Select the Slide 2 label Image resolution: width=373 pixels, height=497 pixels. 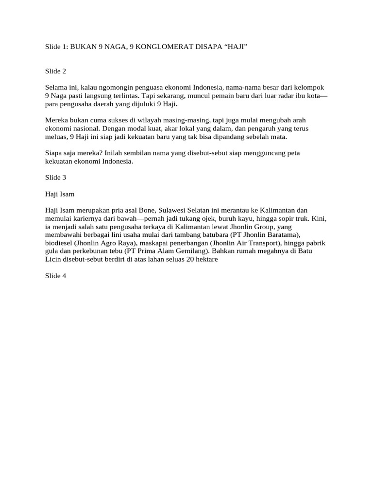tap(55, 71)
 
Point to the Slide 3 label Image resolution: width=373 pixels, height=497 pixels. tap(55, 178)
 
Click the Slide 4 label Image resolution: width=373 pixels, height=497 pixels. tap(55, 276)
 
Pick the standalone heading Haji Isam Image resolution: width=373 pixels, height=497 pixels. tap(60, 194)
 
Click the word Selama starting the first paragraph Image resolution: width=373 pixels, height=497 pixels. tap(56, 87)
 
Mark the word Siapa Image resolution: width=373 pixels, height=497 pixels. tap(54, 153)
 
